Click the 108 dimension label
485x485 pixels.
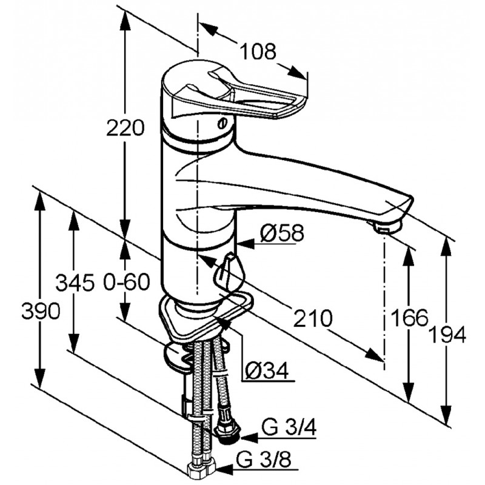point(258,52)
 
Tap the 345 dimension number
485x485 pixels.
point(75,283)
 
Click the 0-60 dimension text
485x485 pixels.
point(127,282)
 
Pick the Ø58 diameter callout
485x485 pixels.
point(282,233)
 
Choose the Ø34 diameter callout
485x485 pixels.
point(267,370)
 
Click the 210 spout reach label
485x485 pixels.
point(312,318)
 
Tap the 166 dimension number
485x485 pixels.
point(409,317)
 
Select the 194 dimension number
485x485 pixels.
point(448,335)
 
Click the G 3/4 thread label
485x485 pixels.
point(289,428)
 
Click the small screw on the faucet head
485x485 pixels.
point(221,124)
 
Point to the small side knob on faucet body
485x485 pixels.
point(230,270)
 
